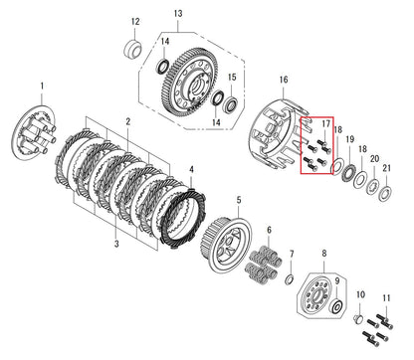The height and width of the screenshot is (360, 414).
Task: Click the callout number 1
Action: click(x=42, y=86)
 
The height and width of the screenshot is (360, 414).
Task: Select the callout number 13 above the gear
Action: click(x=178, y=14)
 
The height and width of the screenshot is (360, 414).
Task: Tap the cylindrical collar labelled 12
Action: click(x=132, y=50)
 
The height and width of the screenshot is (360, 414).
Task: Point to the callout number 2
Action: click(x=128, y=121)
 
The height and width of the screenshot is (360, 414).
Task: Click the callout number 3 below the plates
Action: click(x=116, y=244)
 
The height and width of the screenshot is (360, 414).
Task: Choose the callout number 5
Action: click(x=239, y=200)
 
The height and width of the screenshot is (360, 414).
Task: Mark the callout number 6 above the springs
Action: click(x=269, y=230)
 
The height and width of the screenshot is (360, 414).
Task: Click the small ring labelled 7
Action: click(x=290, y=279)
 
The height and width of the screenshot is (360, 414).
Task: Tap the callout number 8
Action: click(x=324, y=254)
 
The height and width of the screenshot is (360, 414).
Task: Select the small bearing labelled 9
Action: click(x=335, y=306)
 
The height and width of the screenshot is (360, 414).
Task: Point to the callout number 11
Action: click(x=386, y=298)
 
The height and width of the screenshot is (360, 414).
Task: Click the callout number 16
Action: click(x=284, y=80)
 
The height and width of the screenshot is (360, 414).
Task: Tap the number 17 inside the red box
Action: click(x=326, y=123)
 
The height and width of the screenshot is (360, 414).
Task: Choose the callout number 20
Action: click(x=375, y=159)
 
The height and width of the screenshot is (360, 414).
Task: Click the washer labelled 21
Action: click(x=386, y=194)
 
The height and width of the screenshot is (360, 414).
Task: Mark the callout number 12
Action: click(x=135, y=22)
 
